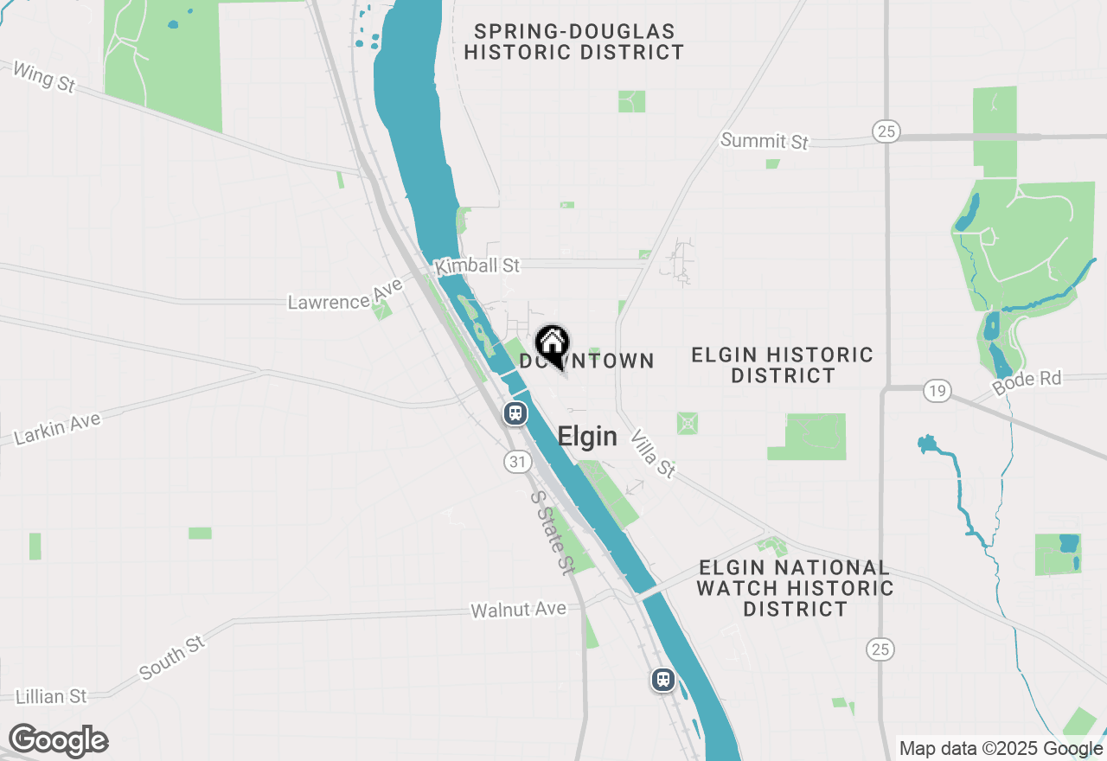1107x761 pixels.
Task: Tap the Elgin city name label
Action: coord(587,437)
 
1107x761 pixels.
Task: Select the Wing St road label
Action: coord(44,78)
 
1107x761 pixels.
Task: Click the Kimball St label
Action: coord(477,265)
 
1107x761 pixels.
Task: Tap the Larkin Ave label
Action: coord(58,429)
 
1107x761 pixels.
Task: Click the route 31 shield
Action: coord(517,462)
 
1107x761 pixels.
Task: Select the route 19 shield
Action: coord(936,391)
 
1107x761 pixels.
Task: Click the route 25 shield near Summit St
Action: coord(886,131)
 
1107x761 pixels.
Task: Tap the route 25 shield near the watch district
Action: coord(880,649)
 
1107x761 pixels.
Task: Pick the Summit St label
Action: coord(765,140)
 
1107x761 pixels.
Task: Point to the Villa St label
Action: coord(653,453)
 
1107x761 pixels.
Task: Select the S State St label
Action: coord(552,533)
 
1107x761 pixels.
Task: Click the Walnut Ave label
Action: coord(518,610)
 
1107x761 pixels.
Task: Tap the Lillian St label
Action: coord(51,696)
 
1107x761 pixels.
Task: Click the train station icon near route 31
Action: coord(515,413)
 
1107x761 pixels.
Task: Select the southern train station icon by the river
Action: coord(663,680)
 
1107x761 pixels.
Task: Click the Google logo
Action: coord(58,741)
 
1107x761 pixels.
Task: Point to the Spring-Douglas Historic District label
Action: coord(573,42)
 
